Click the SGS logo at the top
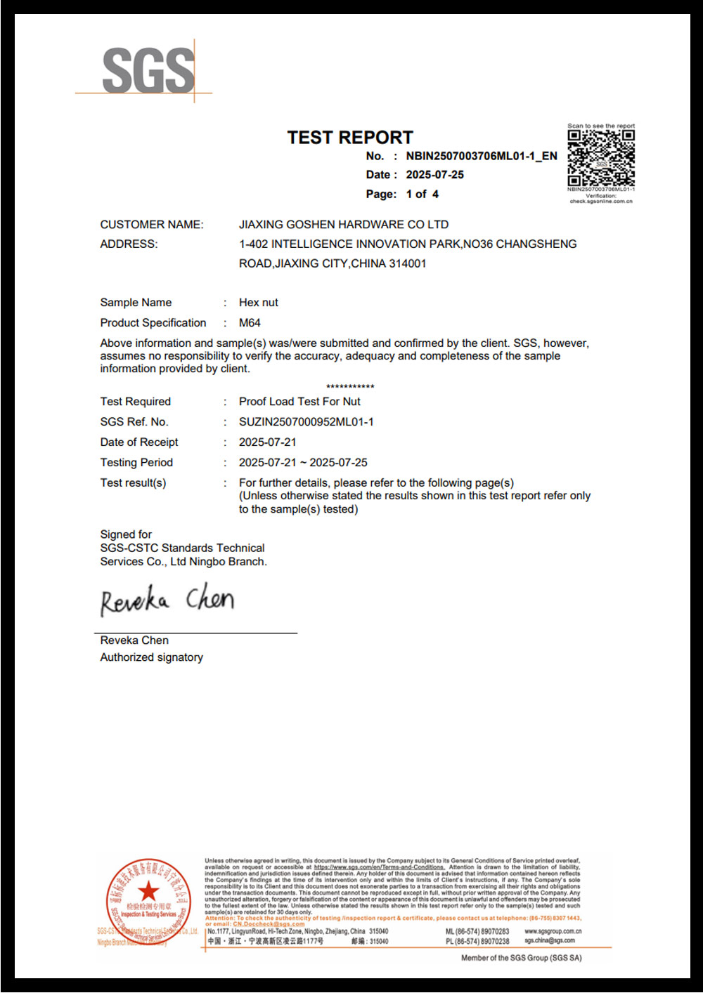pyautogui.click(x=148, y=70)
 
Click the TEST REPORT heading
pyautogui.click(x=350, y=138)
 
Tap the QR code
pyautogui.click(x=601, y=157)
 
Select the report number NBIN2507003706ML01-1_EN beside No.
pyautogui.click(x=482, y=156)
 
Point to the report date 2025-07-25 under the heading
pyautogui.click(x=434, y=175)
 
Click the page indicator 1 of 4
pyautogui.click(x=422, y=194)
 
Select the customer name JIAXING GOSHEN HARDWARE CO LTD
pyautogui.click(x=343, y=225)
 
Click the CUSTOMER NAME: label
pyautogui.click(x=152, y=225)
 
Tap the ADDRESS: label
pyautogui.click(x=129, y=244)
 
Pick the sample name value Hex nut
pyautogui.click(x=258, y=303)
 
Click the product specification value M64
pyautogui.click(x=250, y=323)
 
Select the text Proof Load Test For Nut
pyautogui.click(x=299, y=402)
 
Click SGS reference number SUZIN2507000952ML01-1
pyautogui.click(x=306, y=422)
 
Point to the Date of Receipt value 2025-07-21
pyautogui.click(x=267, y=442)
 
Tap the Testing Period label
pyautogui.click(x=136, y=463)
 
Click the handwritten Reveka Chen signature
pyautogui.click(x=167, y=600)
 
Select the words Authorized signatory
pyautogui.click(x=151, y=657)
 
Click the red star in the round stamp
pyautogui.click(x=148, y=891)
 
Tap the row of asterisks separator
pyautogui.click(x=350, y=387)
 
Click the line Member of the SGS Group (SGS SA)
pyautogui.click(x=521, y=958)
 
